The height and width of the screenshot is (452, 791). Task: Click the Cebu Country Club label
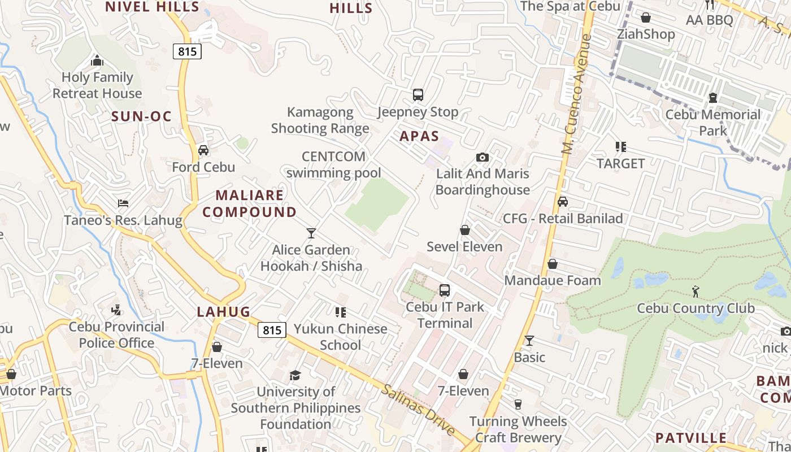coord(696,308)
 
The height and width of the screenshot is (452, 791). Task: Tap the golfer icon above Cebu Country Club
coord(696,292)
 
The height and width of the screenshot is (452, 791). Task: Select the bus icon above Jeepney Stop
coord(418,95)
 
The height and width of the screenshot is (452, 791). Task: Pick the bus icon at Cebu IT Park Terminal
coord(445,290)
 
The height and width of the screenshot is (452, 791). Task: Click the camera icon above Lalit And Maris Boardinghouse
coord(483,157)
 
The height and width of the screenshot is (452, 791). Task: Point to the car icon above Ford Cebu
coord(203,150)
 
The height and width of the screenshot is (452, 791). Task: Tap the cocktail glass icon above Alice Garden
coord(311,233)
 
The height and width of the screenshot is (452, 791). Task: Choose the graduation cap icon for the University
coord(295,375)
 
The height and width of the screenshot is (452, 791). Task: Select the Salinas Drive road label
coord(418,409)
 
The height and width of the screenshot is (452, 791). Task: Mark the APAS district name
coord(419,136)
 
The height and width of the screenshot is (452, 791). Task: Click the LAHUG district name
coord(223,312)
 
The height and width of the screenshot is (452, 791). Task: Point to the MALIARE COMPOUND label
coord(249,204)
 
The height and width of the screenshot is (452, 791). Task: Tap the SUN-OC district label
coord(141,117)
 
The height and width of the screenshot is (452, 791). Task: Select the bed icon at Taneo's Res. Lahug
coord(123,203)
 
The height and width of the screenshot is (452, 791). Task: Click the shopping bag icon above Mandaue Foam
coord(553,264)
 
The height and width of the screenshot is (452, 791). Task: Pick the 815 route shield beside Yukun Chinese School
coord(272,330)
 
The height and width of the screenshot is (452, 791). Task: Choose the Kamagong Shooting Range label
coord(320,120)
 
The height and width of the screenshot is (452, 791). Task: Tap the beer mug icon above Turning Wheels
coord(518,404)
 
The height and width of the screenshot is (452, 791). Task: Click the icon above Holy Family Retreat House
coord(97,60)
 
